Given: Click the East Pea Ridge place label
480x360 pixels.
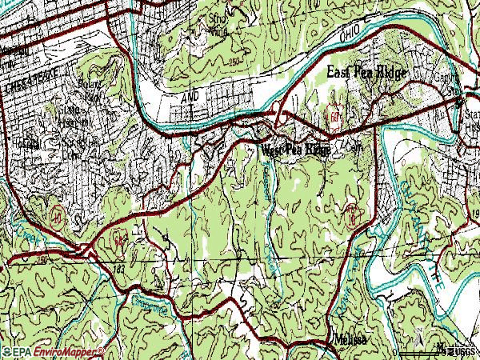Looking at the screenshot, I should point(368,73).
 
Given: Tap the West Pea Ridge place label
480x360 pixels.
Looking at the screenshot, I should point(295,150).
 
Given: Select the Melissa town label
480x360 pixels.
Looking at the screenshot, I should point(350,338).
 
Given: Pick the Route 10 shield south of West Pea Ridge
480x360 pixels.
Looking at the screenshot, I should point(350,214).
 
